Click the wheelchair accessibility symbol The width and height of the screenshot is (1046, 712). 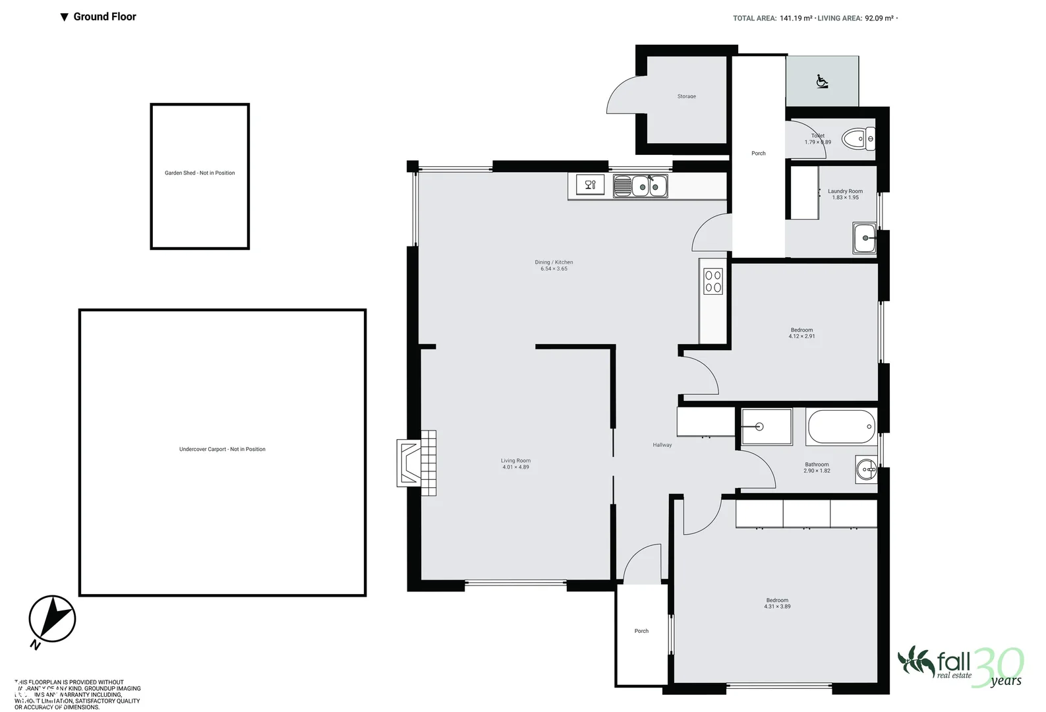(822, 81)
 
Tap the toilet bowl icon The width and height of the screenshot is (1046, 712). (861, 139)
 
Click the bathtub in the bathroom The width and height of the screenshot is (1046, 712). (841, 427)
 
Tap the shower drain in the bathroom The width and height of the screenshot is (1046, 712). (759, 427)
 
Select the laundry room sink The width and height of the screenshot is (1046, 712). (864, 238)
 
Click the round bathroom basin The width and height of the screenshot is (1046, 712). (866, 469)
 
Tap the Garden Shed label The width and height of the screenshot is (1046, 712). (200, 173)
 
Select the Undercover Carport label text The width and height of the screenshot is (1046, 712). (222, 449)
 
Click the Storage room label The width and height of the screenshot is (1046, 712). (686, 96)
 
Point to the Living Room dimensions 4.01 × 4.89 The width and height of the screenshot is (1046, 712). (515, 467)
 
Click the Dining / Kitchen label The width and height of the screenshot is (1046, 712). (554, 262)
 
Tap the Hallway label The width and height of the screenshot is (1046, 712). (662, 445)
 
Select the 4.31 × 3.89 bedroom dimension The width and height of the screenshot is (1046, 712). (777, 607)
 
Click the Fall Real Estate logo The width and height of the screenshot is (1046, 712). (960, 666)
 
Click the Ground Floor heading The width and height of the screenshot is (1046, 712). (104, 16)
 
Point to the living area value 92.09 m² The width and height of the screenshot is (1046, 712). (879, 18)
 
